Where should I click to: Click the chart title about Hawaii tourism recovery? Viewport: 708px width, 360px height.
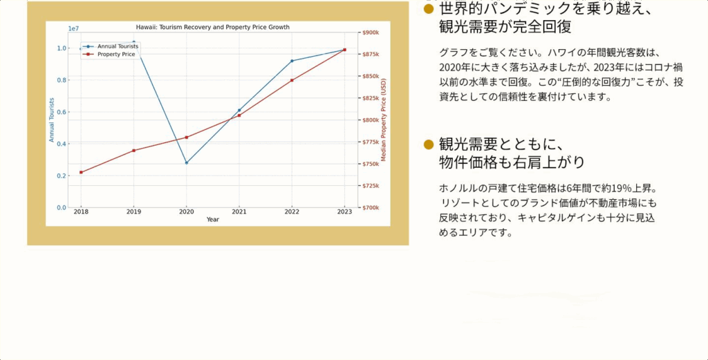click(x=213, y=27)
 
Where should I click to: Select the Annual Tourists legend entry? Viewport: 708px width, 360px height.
click(x=111, y=46)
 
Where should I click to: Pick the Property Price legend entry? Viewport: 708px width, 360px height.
click(x=109, y=54)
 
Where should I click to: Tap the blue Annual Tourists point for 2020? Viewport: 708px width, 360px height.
click(x=187, y=163)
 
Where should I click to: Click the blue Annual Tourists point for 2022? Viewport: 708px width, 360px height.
click(x=292, y=61)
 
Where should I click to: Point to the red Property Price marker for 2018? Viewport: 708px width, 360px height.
click(x=82, y=172)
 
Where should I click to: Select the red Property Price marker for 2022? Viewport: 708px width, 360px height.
click(x=292, y=80)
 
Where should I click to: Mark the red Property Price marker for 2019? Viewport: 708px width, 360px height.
click(x=133, y=151)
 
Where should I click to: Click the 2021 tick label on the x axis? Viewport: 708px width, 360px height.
click(x=239, y=211)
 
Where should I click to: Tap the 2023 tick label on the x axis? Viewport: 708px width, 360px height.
click(x=344, y=211)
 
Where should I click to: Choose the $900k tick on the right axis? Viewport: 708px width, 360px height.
click(x=371, y=32)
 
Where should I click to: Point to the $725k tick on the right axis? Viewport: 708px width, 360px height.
click(x=371, y=186)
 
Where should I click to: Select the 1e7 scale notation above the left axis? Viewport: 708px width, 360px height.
click(x=73, y=28)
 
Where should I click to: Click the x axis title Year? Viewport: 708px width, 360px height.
click(x=213, y=220)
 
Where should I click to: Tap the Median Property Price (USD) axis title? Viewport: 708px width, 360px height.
click(x=384, y=120)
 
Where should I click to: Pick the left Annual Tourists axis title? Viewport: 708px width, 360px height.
click(x=52, y=120)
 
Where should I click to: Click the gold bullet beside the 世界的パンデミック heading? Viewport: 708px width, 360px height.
click(x=429, y=9)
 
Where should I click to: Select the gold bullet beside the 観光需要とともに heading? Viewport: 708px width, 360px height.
click(x=429, y=144)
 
